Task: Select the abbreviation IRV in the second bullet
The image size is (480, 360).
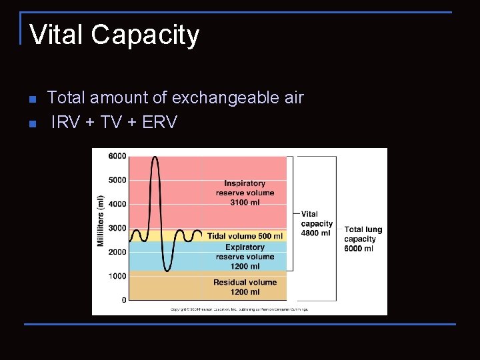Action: tap(65, 122)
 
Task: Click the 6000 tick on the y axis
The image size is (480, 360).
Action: tap(117, 156)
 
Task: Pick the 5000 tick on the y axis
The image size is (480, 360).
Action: tap(117, 180)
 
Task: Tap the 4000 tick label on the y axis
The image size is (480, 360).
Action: tap(117, 204)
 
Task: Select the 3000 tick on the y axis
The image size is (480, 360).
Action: tap(117, 228)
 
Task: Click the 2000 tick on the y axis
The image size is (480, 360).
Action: tap(117, 252)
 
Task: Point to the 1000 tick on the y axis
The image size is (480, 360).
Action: tap(117, 276)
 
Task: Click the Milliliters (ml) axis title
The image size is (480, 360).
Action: tap(101, 221)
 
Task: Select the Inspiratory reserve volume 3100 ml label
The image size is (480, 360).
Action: tap(245, 193)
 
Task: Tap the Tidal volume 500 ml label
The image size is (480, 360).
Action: tap(245, 236)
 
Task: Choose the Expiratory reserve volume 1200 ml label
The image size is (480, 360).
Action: tap(245, 257)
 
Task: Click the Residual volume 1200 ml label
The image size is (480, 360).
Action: tap(245, 287)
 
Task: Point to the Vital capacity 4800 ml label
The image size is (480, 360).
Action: tap(317, 224)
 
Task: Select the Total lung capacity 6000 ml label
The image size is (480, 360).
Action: tap(363, 239)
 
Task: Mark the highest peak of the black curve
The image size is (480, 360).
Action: tap(155, 157)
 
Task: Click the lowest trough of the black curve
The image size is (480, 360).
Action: tap(167, 271)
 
